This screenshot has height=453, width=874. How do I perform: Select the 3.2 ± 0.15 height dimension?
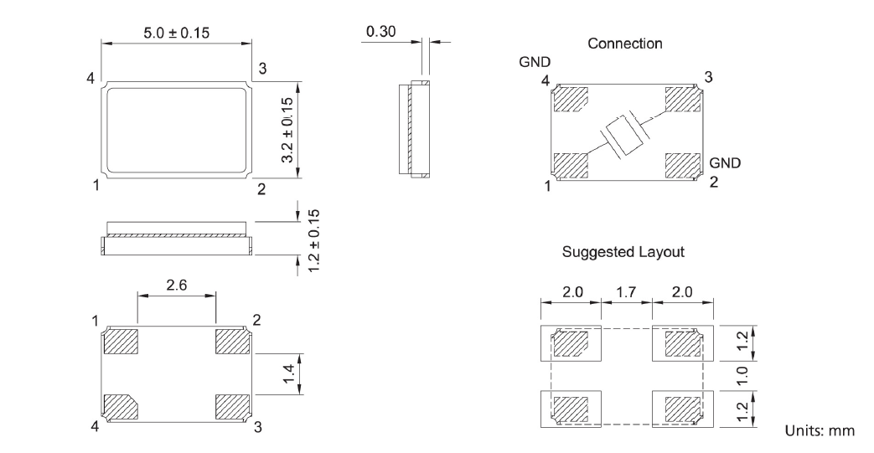[287, 129]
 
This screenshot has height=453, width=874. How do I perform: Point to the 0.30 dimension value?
[381, 33]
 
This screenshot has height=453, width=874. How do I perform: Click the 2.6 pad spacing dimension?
[177, 286]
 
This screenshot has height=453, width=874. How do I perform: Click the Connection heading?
[625, 43]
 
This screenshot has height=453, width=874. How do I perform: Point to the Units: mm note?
[820, 430]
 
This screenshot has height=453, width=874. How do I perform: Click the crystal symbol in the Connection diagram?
[623, 135]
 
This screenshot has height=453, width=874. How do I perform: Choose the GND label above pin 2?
[725, 162]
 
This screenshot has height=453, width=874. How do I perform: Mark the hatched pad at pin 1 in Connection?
[571, 167]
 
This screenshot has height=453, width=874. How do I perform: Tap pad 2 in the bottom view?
[233, 342]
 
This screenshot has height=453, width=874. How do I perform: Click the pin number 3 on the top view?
[262, 69]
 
